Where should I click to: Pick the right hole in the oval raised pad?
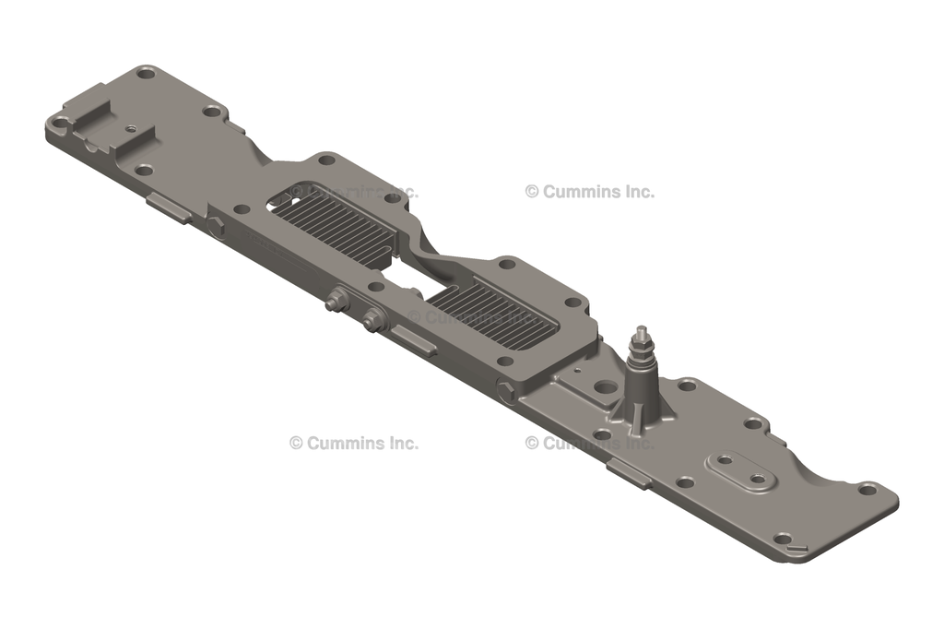(758, 479)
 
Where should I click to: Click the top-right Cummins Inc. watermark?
(590, 192)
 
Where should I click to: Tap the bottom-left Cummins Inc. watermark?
(354, 443)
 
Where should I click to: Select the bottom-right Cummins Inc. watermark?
(590, 443)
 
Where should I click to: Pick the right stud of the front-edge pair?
(372, 319)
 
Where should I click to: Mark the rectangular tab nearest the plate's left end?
(169, 208)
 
